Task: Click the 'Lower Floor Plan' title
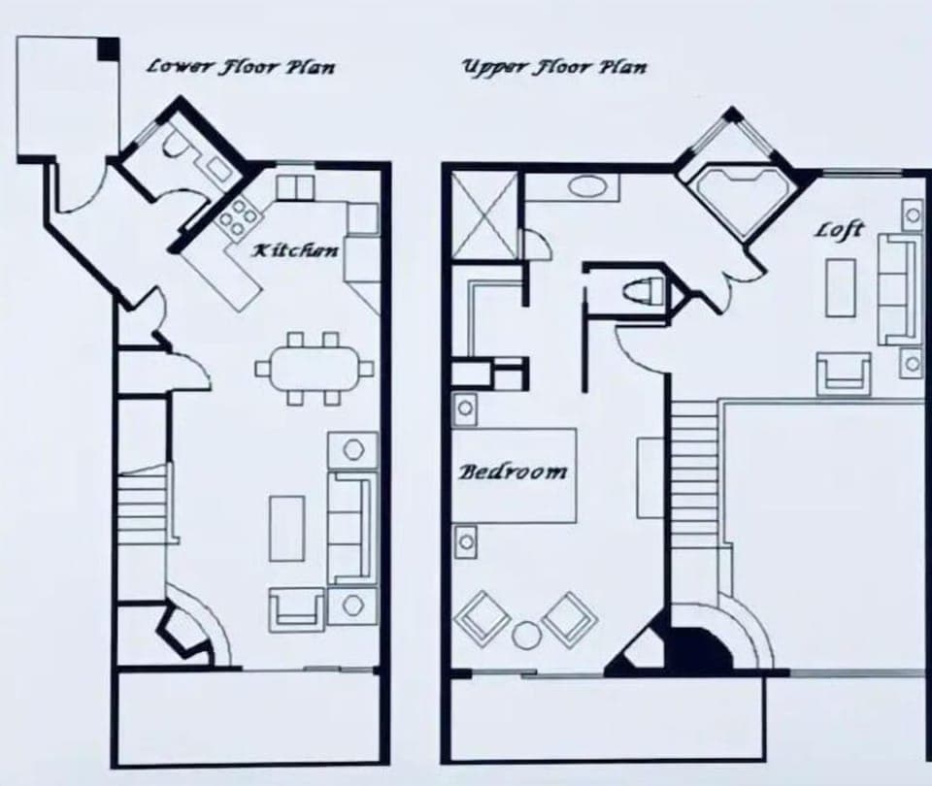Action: pos(240,66)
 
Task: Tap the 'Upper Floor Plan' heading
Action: pos(553,66)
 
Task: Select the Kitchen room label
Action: pos(295,250)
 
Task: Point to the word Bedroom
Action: pos(513,473)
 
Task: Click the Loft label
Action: pos(839,230)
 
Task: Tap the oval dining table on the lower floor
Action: pos(315,368)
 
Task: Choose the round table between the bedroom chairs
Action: pos(525,636)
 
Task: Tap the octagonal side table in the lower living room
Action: pos(352,450)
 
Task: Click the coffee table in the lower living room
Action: pos(287,528)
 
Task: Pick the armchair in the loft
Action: pos(843,374)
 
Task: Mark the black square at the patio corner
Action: pos(109,46)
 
